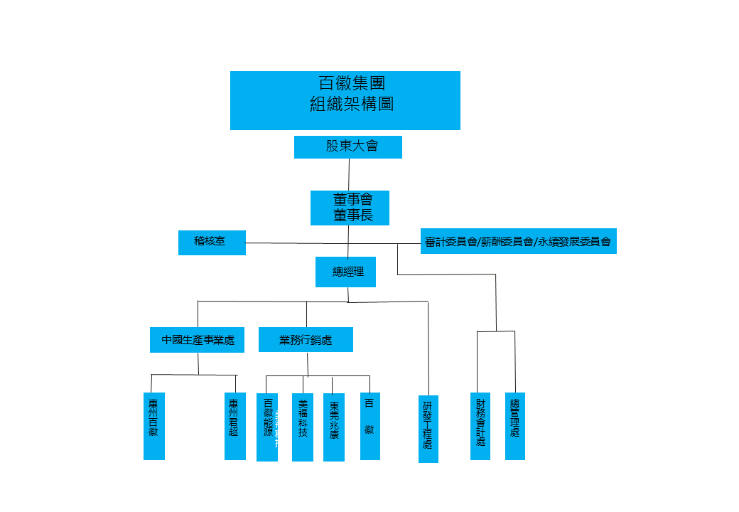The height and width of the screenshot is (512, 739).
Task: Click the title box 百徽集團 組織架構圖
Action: [x=345, y=100]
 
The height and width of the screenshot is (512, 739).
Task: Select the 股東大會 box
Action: [x=348, y=147]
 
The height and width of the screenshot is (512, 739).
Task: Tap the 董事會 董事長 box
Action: [x=350, y=208]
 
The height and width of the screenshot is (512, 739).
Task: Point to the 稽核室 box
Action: [x=212, y=242]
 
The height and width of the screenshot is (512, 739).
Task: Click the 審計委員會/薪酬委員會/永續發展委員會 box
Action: [x=518, y=241]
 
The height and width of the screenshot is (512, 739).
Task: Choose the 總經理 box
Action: [x=345, y=272]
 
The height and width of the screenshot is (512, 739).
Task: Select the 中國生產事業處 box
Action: [x=198, y=340]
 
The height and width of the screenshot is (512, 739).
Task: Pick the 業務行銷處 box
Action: [x=306, y=340]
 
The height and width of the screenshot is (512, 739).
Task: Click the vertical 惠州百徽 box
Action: [x=154, y=426]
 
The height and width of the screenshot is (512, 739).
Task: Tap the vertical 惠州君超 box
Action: [x=234, y=426]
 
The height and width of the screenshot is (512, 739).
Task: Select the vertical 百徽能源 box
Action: [x=267, y=427]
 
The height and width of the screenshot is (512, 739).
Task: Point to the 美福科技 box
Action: [x=303, y=427]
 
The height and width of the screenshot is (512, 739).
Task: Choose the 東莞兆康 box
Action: [x=334, y=427]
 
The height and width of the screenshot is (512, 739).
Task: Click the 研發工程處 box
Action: [x=428, y=429]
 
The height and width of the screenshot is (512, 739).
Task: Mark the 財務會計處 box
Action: [x=480, y=426]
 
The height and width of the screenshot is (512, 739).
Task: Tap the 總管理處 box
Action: [x=515, y=426]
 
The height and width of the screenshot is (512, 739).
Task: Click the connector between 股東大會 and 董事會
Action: [x=349, y=174]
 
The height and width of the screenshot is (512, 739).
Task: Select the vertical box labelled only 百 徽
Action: [x=369, y=426]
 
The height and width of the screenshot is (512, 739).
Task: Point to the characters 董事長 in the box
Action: [x=352, y=215]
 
